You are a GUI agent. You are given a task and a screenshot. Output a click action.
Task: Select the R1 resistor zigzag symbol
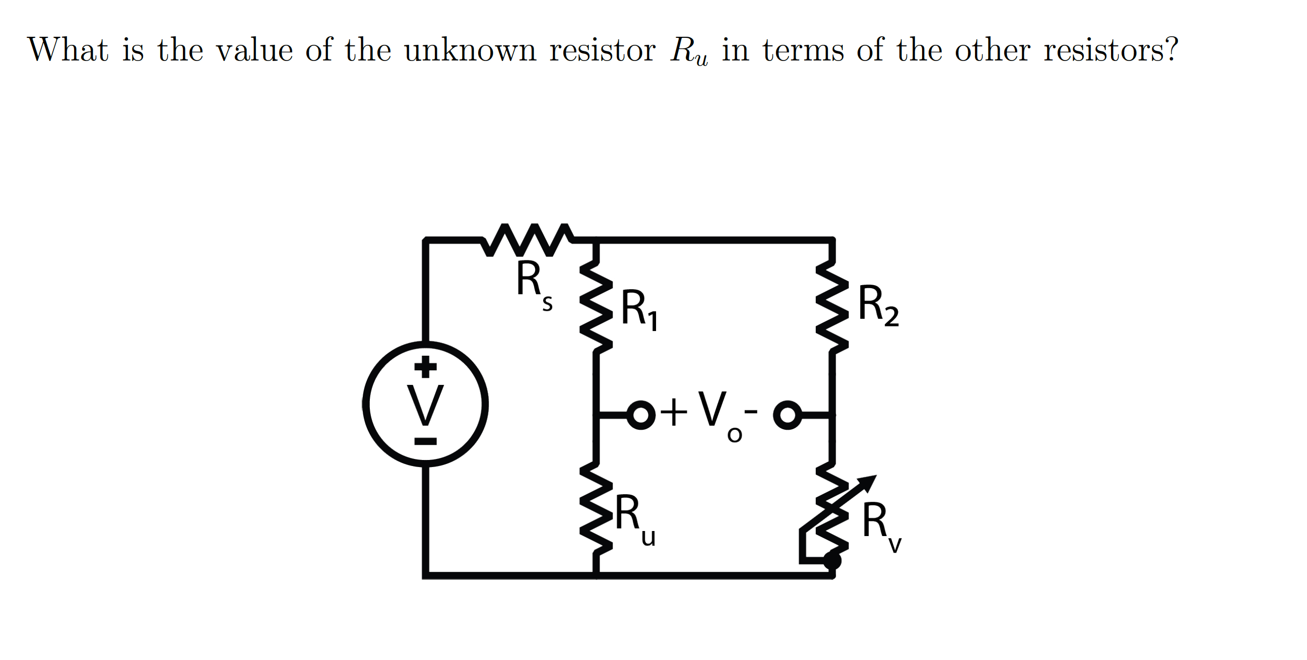(x=596, y=307)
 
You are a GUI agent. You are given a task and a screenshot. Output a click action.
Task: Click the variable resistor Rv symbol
(x=832, y=507)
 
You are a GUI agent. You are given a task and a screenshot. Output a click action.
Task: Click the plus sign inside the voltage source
(x=425, y=366)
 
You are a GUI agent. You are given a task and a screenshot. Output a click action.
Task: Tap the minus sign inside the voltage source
(x=425, y=442)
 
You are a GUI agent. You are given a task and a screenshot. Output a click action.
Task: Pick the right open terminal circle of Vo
(x=787, y=416)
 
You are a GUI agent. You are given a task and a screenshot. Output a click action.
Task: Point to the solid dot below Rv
(x=832, y=561)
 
